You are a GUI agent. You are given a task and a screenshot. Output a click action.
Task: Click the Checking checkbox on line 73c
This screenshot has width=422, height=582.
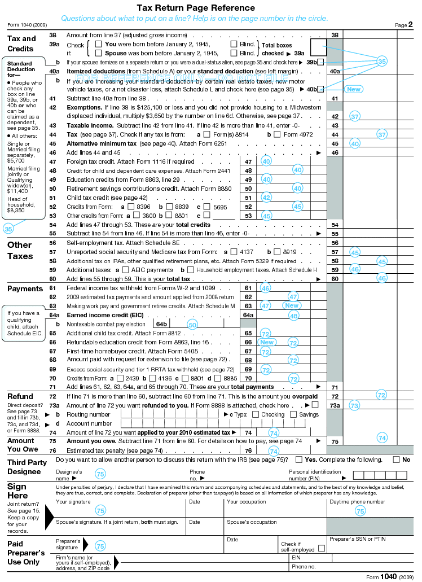pos(256,414)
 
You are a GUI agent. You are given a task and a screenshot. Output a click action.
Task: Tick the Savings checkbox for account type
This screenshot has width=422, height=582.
pos(293,414)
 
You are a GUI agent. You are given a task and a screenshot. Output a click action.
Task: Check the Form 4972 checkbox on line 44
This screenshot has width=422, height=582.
pos(277,134)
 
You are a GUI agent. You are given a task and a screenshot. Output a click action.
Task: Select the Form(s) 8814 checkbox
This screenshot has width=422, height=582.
pos(206,134)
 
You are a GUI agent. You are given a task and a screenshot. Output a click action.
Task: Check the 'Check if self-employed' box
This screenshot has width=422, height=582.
pos(322,548)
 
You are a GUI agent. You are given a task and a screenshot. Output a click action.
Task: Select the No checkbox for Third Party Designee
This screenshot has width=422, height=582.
pos(396,460)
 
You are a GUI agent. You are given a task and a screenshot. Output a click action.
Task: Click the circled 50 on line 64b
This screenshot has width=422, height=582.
pos(192,325)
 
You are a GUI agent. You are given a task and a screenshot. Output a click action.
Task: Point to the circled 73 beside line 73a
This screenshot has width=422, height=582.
pos(354,405)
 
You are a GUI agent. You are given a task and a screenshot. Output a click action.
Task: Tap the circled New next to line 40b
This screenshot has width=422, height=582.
pos(353,89)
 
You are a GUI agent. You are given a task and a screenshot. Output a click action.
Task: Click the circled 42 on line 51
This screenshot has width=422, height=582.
pos(266,198)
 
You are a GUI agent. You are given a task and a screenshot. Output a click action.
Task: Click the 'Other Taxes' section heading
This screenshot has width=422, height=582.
pos(20,250)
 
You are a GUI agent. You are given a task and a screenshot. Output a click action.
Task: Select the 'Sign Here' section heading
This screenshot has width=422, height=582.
pos(17,491)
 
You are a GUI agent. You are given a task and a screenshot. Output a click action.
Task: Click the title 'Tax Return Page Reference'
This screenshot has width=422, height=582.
pos(196,8)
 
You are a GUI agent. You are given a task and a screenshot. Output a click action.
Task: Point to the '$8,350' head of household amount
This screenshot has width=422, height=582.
pos(16,209)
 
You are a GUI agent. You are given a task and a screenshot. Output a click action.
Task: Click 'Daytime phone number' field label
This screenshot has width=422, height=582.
pos(357,501)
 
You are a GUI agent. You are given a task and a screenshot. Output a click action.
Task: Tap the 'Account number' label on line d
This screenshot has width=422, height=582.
pos(89,423)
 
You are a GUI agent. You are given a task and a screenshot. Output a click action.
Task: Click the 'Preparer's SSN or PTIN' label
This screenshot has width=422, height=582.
pos(357,539)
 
